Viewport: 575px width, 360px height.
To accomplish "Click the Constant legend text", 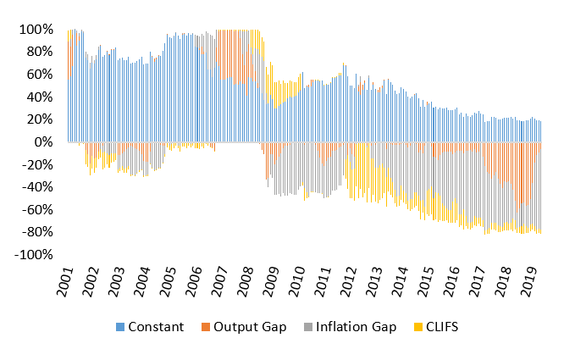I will (x=156, y=327).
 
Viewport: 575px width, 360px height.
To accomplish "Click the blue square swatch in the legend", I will (x=119, y=327).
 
